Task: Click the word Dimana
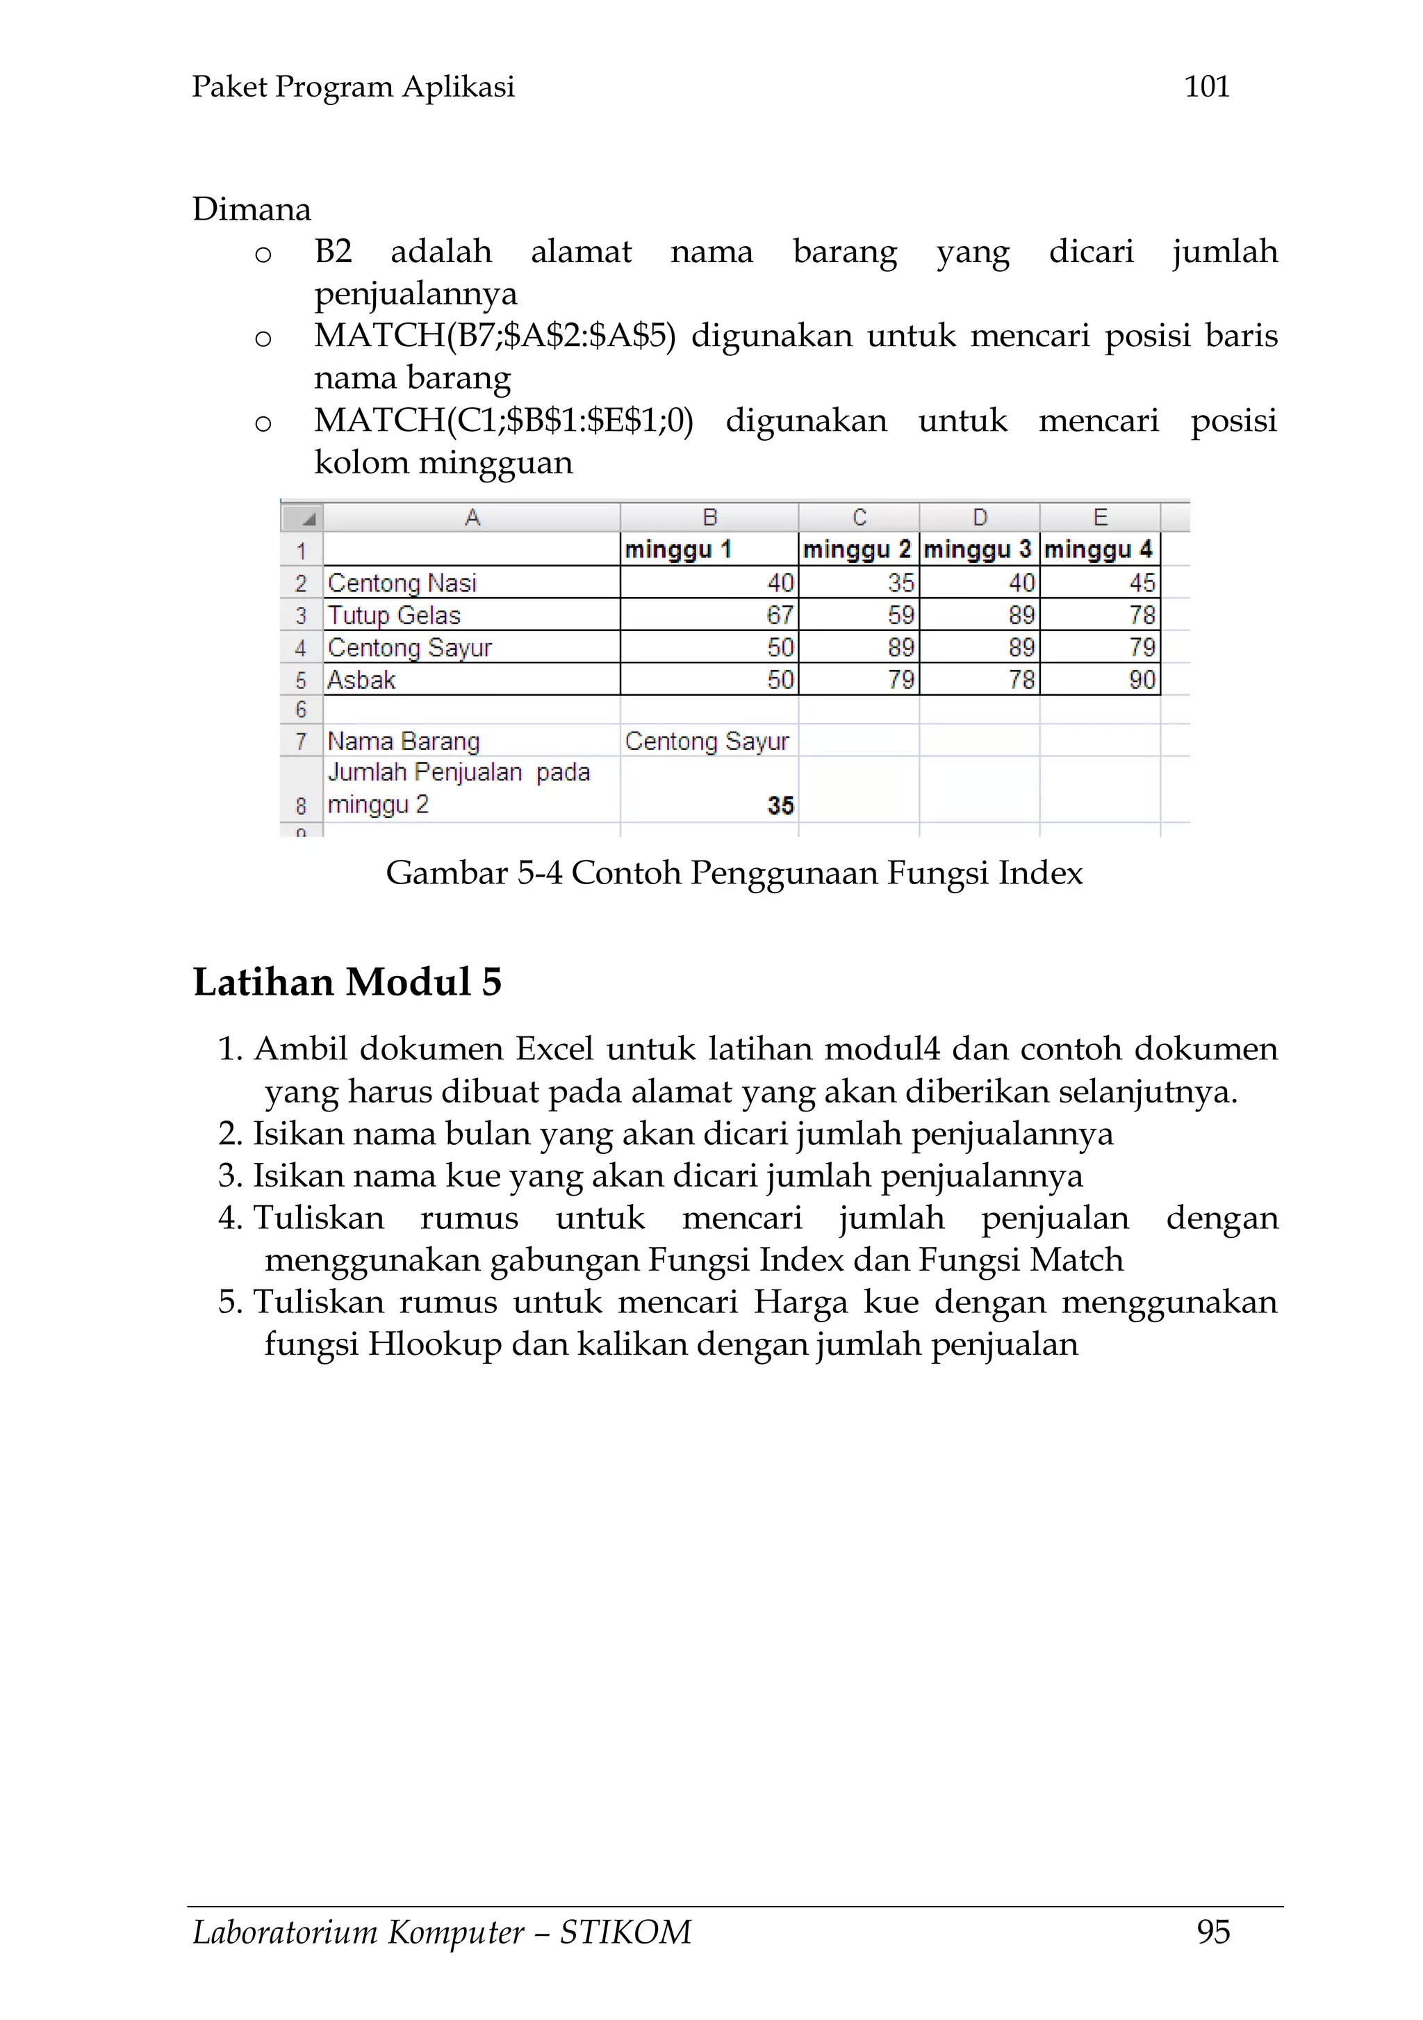[x=252, y=209]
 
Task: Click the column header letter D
[x=979, y=517]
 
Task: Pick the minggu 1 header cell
[x=678, y=550]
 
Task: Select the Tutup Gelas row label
[x=394, y=615]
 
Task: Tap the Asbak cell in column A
[x=361, y=680]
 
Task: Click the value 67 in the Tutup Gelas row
[x=779, y=615]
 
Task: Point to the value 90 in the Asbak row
[x=1142, y=680]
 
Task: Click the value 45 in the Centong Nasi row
[x=1142, y=583]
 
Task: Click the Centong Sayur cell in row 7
[x=707, y=742]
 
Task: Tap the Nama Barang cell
[x=404, y=742]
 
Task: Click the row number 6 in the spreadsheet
[x=301, y=709]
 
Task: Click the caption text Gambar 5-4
[x=473, y=873]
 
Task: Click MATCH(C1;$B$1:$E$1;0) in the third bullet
[x=504, y=421]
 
